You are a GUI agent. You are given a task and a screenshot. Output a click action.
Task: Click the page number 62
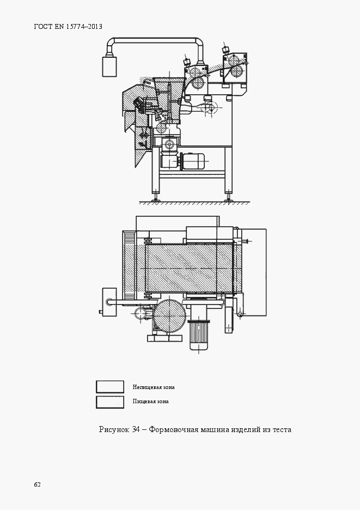[x=38, y=484]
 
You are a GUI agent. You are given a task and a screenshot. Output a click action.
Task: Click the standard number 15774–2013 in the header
[x=84, y=27]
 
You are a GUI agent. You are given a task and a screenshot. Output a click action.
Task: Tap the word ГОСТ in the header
[x=43, y=27]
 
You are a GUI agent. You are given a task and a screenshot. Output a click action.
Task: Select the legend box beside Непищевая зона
[x=110, y=387]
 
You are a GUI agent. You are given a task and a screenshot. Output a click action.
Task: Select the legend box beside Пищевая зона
[x=110, y=402]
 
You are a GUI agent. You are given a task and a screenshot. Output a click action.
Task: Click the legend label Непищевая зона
[x=154, y=387]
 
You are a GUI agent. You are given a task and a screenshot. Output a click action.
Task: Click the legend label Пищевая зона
[x=150, y=402]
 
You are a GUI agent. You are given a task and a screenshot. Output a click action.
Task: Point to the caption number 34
[x=136, y=429]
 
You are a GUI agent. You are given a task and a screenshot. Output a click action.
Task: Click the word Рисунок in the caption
[x=114, y=430]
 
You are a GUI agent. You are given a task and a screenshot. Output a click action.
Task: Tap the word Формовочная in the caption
[x=173, y=430]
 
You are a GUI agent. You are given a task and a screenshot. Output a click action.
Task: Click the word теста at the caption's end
[x=282, y=430]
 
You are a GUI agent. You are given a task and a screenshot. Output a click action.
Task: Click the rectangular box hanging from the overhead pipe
[x=109, y=66]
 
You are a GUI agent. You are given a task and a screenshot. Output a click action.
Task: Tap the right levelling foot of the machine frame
[x=229, y=197]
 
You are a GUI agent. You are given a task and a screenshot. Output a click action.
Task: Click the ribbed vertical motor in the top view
[x=199, y=335]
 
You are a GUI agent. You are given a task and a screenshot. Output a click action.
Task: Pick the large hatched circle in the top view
[x=170, y=315]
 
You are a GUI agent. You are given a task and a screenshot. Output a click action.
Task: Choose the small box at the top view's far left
[x=109, y=302]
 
